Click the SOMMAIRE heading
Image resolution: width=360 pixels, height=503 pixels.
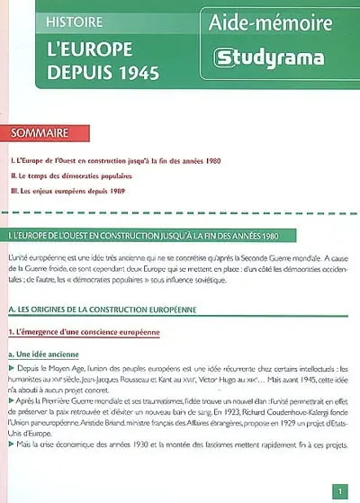pos(40,133)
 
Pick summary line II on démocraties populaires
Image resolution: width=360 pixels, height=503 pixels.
pos(76,176)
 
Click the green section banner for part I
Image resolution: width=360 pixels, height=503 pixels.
pos(180,236)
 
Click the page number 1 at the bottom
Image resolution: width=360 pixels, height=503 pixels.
pos(338,490)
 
